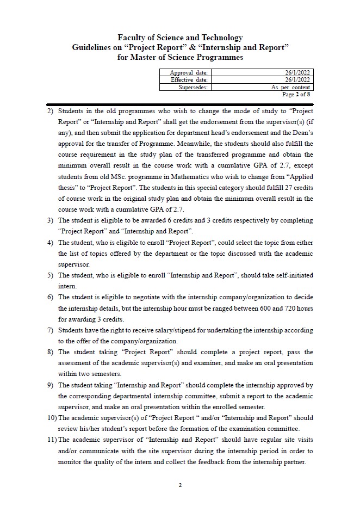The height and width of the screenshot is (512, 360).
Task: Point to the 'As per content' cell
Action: pyautogui.click(x=291, y=87)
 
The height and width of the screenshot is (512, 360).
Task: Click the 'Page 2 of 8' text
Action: pyautogui.click(x=296, y=94)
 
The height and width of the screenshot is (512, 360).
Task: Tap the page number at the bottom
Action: pyautogui.click(x=180, y=485)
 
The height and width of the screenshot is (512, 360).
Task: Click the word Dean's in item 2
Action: pyautogui.click(x=301, y=133)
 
